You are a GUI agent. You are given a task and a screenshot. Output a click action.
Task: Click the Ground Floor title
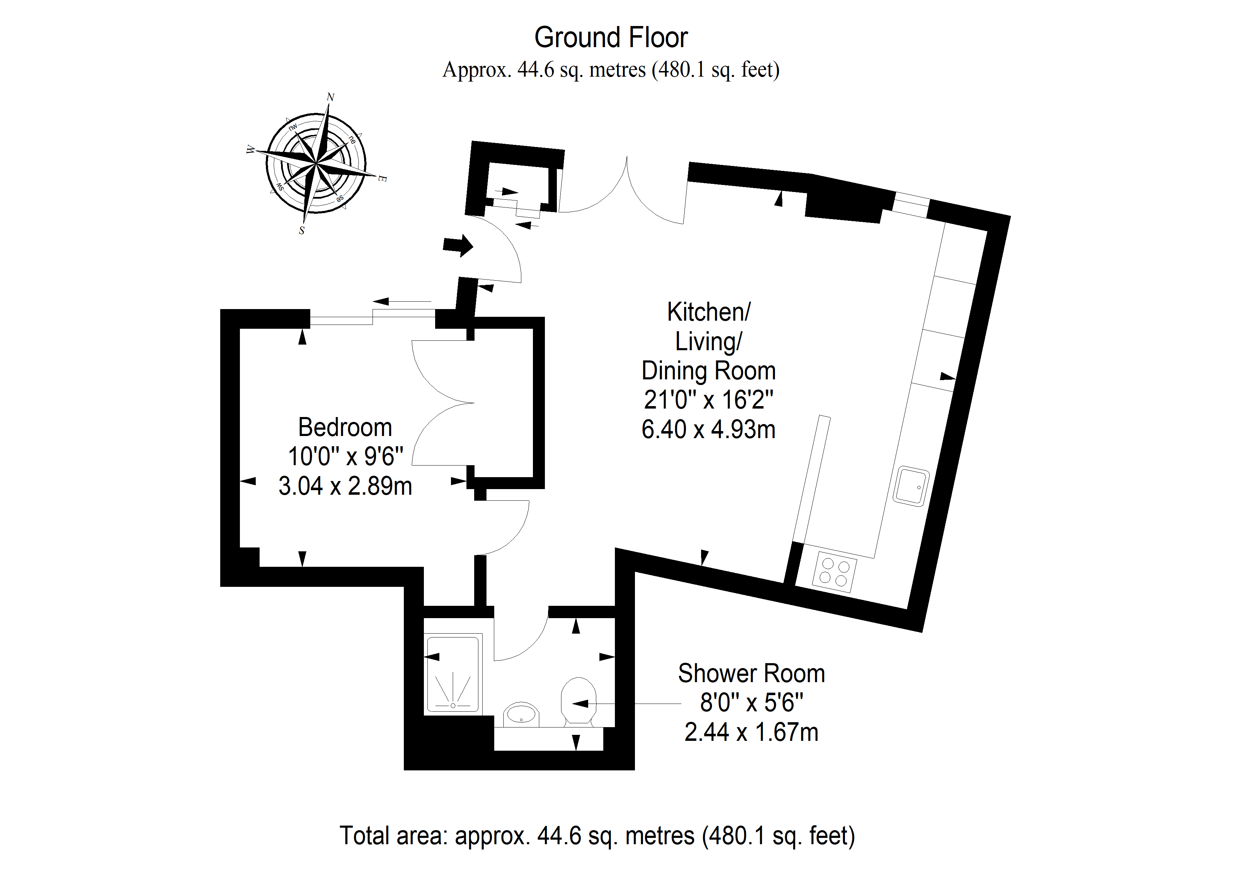click(x=611, y=38)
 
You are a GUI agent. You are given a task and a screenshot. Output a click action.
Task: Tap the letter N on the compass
click(x=331, y=97)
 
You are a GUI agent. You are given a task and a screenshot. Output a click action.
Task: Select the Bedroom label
click(x=345, y=428)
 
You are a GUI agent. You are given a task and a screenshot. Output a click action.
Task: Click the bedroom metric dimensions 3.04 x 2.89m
click(x=345, y=486)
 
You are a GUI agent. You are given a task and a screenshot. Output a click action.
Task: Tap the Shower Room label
click(x=751, y=674)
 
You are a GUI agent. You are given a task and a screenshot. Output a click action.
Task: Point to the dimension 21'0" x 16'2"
click(x=708, y=400)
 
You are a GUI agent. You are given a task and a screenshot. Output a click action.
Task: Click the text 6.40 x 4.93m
click(x=708, y=430)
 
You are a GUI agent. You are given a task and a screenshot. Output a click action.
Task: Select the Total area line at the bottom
click(x=597, y=836)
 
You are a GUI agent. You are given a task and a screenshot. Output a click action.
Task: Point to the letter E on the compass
click(x=382, y=178)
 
